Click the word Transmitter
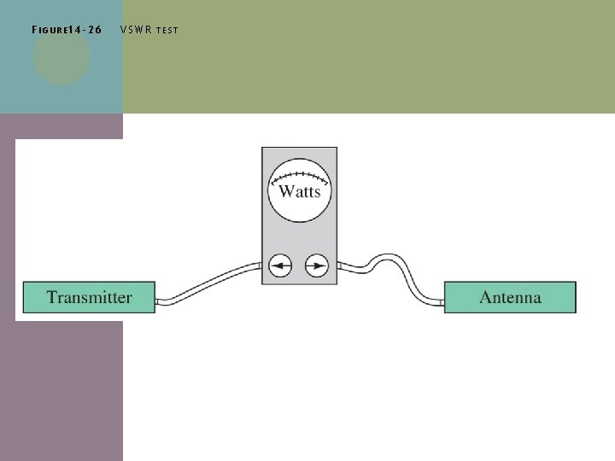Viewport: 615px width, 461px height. (x=89, y=298)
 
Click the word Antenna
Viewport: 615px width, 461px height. (x=510, y=298)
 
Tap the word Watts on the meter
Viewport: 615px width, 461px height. (x=299, y=191)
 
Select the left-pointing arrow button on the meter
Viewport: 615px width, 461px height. (x=279, y=266)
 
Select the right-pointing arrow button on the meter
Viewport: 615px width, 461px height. (x=317, y=266)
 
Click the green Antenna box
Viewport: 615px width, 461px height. (x=555, y=298)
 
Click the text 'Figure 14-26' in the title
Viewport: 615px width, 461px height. (x=66, y=30)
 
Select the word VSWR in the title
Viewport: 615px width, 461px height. (x=136, y=30)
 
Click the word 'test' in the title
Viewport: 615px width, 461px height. (x=167, y=31)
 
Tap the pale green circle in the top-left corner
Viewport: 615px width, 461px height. (x=61, y=58)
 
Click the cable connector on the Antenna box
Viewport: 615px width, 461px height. (x=441, y=301)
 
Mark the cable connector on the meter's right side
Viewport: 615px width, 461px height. (x=339, y=266)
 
